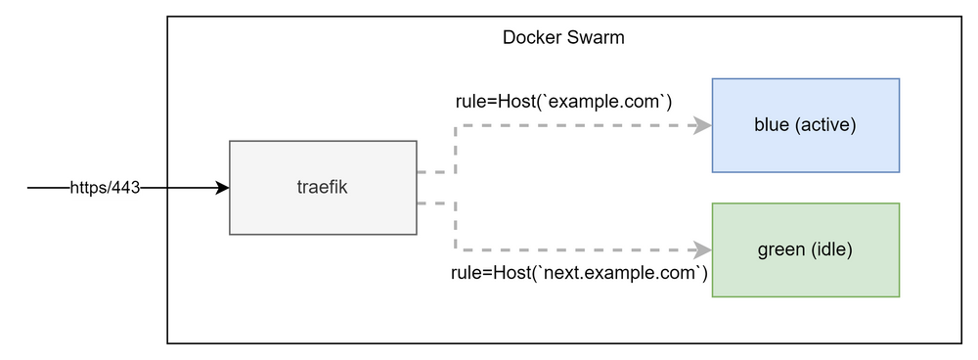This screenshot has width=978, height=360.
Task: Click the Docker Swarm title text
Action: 562,38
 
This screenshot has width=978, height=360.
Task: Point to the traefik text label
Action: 323,188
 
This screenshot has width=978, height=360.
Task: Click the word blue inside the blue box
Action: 771,125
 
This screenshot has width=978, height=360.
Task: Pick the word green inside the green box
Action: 780,249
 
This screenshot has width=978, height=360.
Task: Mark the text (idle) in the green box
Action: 832,249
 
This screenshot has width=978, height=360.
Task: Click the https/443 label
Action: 105,187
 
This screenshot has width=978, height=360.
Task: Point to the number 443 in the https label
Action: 127,187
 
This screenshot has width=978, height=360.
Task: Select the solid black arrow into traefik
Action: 191,187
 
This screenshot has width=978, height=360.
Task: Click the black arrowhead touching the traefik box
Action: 223,187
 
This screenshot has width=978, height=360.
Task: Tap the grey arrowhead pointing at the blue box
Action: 702,125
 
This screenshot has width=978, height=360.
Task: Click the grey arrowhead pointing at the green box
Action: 702,250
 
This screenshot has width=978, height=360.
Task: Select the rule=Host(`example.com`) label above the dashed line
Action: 563,102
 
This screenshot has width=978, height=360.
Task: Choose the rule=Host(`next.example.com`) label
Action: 579,273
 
